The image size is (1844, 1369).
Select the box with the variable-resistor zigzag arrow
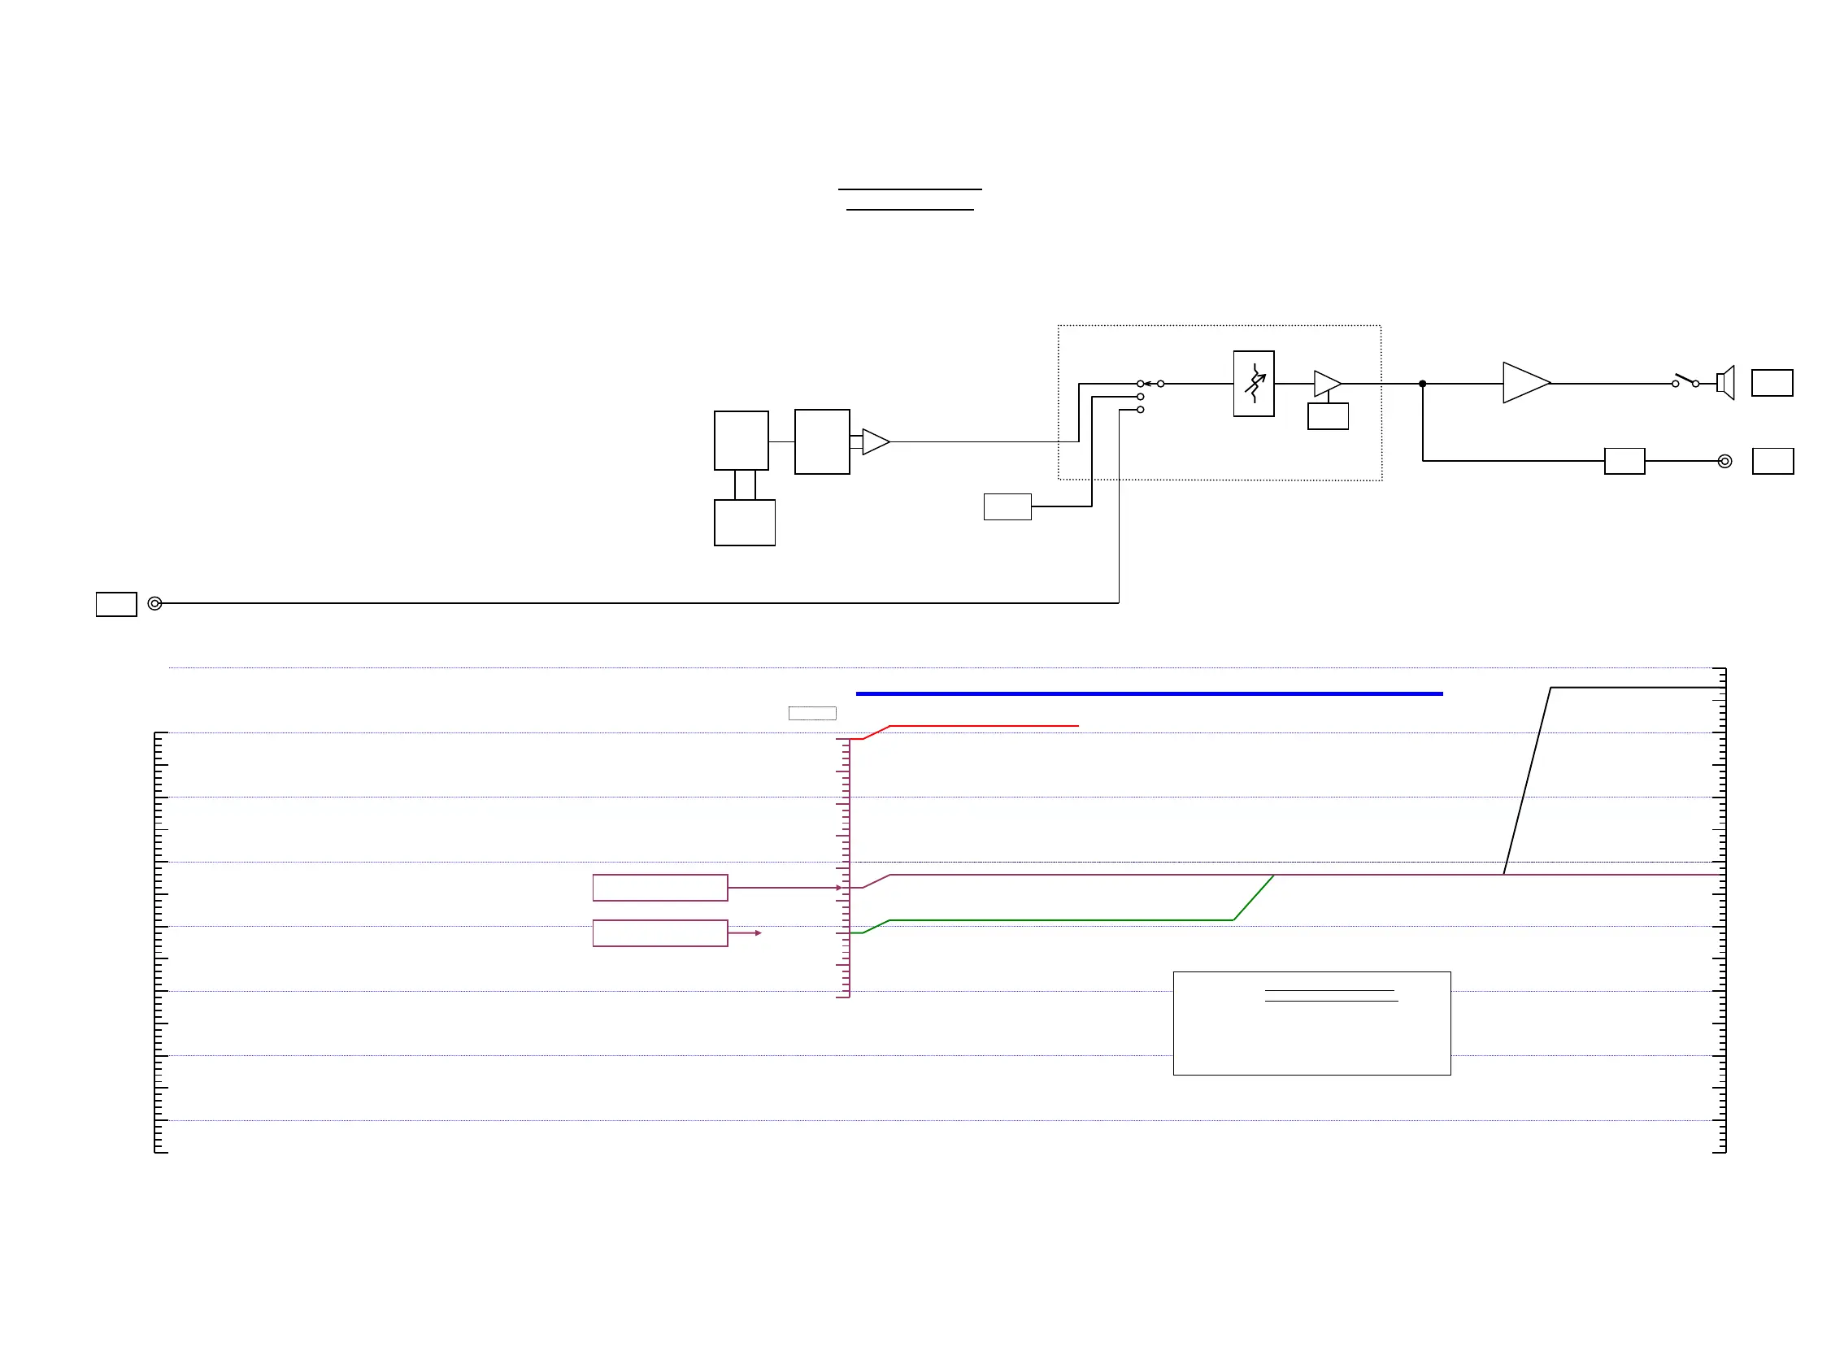point(1253,384)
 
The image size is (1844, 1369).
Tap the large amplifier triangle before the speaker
point(1524,383)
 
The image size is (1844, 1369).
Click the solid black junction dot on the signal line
point(1422,384)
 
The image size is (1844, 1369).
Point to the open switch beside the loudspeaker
point(1685,380)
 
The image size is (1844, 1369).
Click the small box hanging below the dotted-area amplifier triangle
point(1328,416)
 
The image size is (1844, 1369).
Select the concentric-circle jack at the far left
point(155,603)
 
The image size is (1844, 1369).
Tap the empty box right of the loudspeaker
point(1772,383)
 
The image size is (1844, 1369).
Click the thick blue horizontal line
point(1149,693)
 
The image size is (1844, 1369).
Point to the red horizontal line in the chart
point(983,726)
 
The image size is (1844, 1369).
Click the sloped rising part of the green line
point(1253,897)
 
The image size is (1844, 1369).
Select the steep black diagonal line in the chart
point(1527,780)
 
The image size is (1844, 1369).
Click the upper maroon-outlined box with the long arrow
point(659,888)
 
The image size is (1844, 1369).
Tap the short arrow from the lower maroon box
point(744,933)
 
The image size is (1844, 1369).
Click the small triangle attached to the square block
point(874,441)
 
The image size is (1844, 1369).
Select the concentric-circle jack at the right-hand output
point(1724,462)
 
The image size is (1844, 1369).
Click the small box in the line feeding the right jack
point(1624,462)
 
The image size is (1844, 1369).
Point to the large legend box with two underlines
point(1311,1024)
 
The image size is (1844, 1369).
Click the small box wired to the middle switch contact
point(1007,507)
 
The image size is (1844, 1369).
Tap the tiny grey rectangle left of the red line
point(812,714)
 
